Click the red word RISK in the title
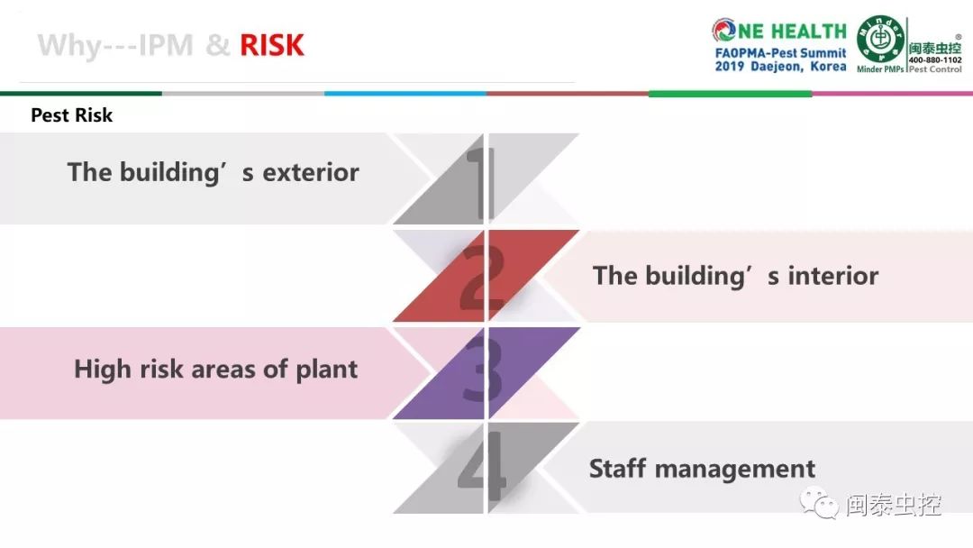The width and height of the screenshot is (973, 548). click(272, 45)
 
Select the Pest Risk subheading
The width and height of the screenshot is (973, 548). click(71, 115)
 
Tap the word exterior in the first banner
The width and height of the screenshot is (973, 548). click(311, 172)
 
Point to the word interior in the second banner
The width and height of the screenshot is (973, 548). click(833, 276)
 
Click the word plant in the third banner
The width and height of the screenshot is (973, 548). click(326, 370)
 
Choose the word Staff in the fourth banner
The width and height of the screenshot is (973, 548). click(617, 469)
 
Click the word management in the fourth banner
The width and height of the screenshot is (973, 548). click(735, 470)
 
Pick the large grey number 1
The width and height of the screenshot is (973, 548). click(481, 185)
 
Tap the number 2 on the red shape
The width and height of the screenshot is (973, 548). click(482, 278)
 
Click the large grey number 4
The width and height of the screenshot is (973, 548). click(481, 465)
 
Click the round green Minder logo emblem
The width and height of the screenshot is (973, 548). click(880, 39)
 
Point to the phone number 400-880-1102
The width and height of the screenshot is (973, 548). click(935, 60)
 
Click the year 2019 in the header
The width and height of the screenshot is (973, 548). click(730, 67)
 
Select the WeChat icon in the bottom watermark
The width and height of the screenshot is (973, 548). click(820, 503)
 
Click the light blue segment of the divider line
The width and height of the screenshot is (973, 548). click(405, 94)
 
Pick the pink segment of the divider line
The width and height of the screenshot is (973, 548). click(892, 94)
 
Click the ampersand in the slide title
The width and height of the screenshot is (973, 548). click(217, 45)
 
